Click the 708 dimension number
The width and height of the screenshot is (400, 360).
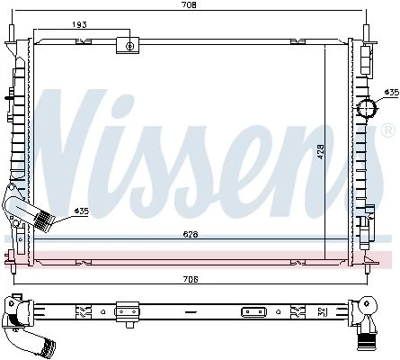(x=190, y=4)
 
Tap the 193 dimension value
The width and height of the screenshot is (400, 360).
(x=79, y=24)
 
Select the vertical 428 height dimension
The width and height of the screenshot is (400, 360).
(x=321, y=152)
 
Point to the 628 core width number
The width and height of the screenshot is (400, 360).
(x=191, y=234)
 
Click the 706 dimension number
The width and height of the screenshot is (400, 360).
(x=191, y=279)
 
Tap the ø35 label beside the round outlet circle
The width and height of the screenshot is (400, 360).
(x=392, y=92)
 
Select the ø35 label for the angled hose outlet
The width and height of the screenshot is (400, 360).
(x=82, y=211)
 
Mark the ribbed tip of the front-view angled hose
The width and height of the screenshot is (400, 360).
(x=43, y=220)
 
